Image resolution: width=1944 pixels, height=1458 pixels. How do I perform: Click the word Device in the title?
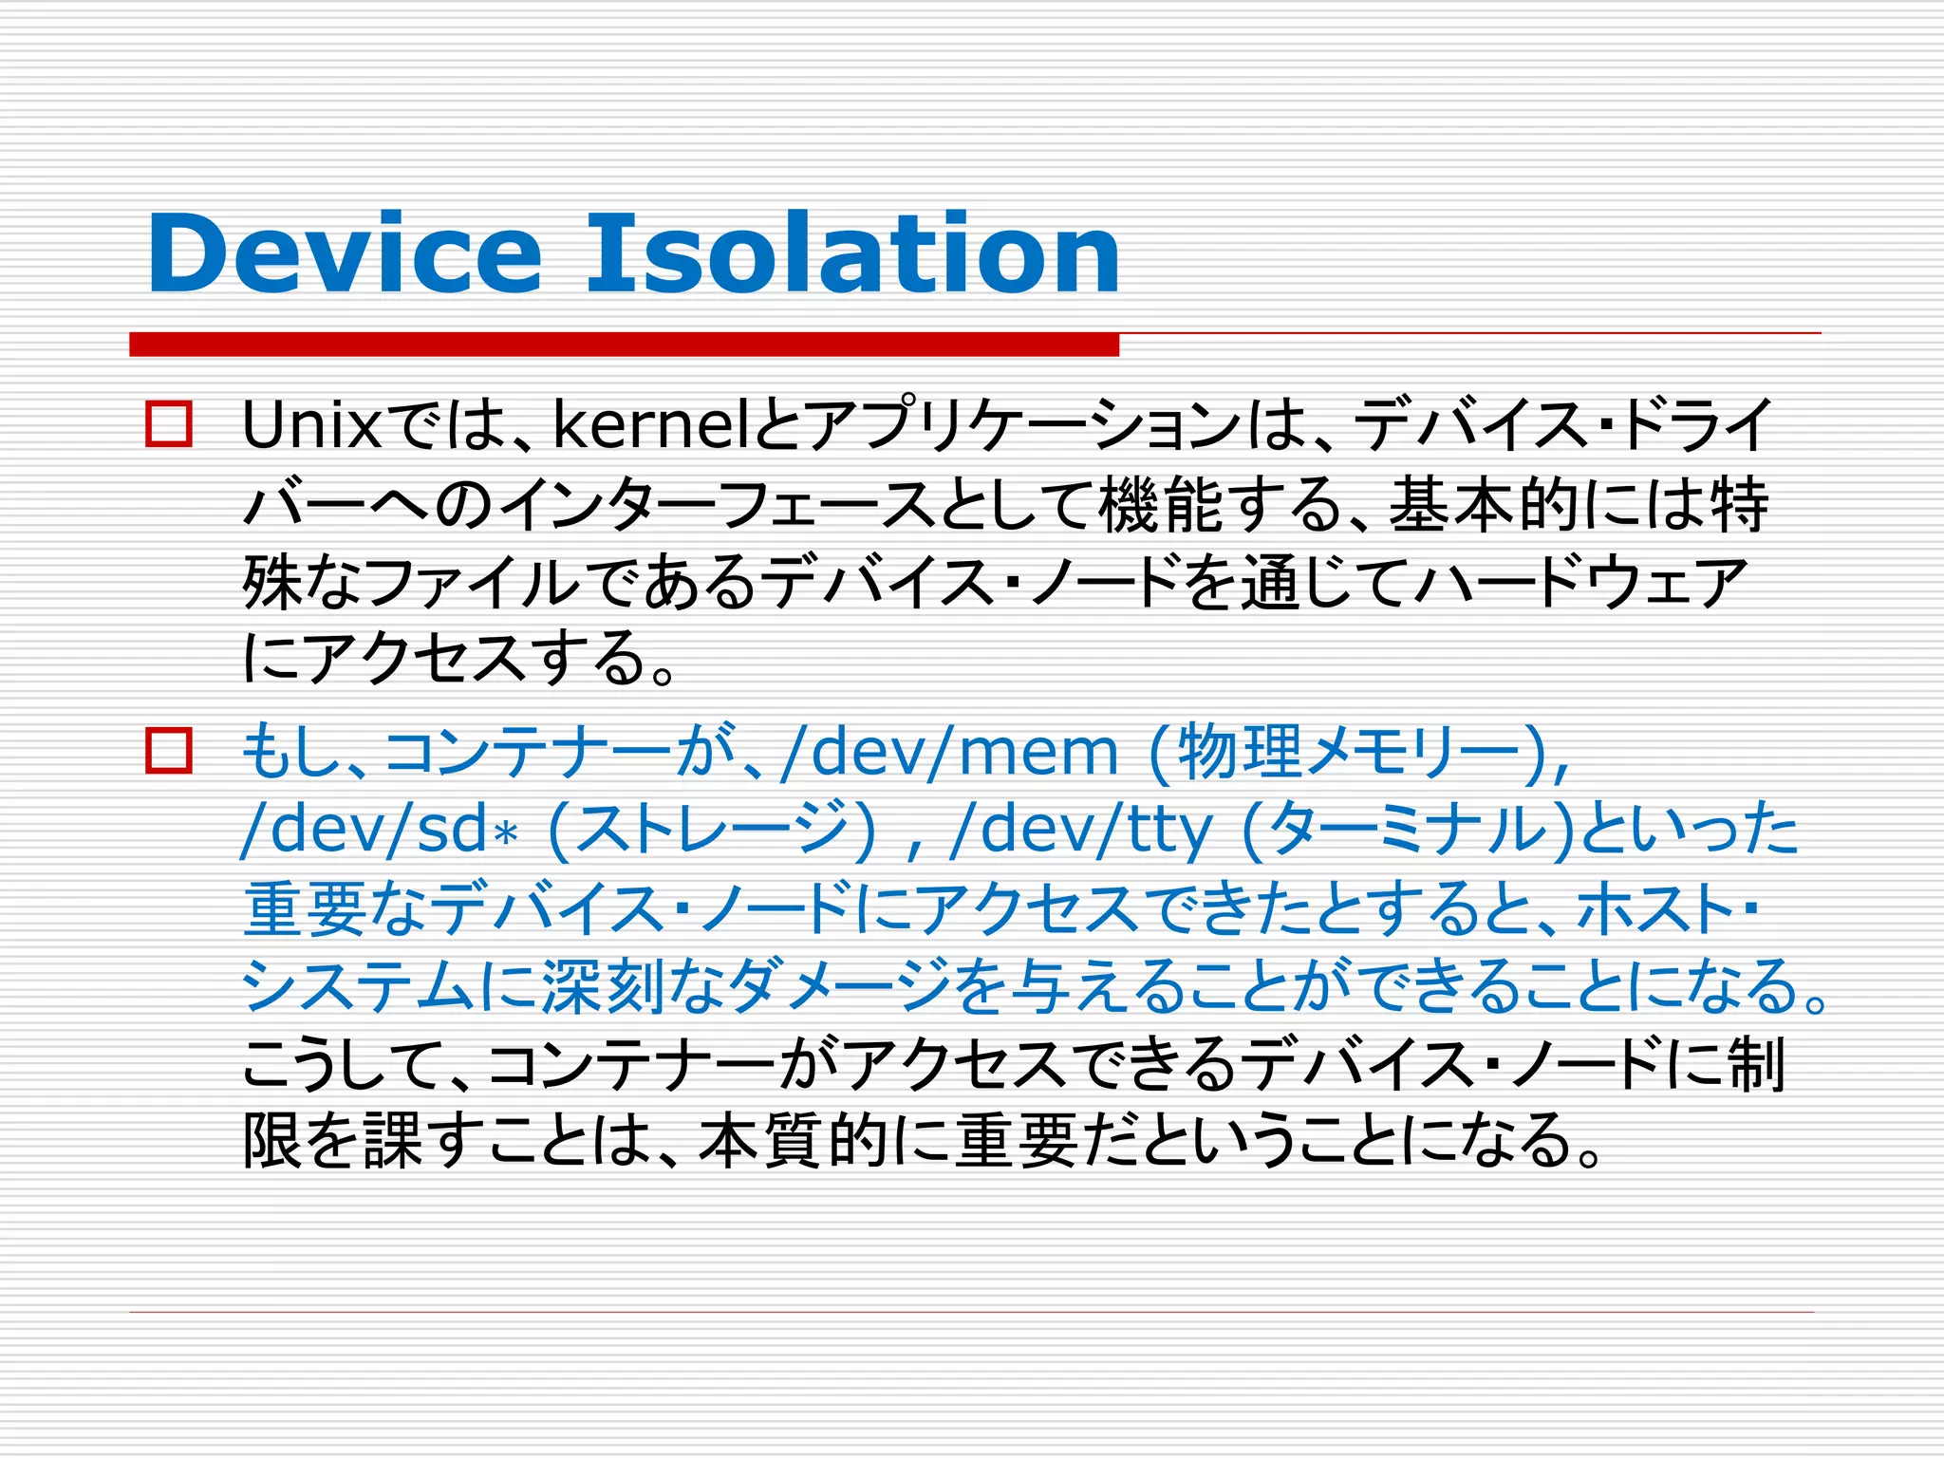[344, 254]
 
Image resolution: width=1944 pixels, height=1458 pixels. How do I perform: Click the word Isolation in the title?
[852, 254]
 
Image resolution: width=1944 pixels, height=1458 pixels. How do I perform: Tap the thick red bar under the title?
[624, 345]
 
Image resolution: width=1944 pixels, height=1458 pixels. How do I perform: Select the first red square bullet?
[169, 424]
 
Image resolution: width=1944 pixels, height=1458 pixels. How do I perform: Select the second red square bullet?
[169, 751]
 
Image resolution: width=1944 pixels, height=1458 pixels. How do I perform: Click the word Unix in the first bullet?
[311, 425]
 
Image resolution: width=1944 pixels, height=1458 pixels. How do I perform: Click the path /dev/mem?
[949, 752]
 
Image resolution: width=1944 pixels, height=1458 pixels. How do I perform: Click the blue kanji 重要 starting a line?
[306, 908]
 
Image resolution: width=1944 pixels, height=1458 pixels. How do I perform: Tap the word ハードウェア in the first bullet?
[1580, 582]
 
